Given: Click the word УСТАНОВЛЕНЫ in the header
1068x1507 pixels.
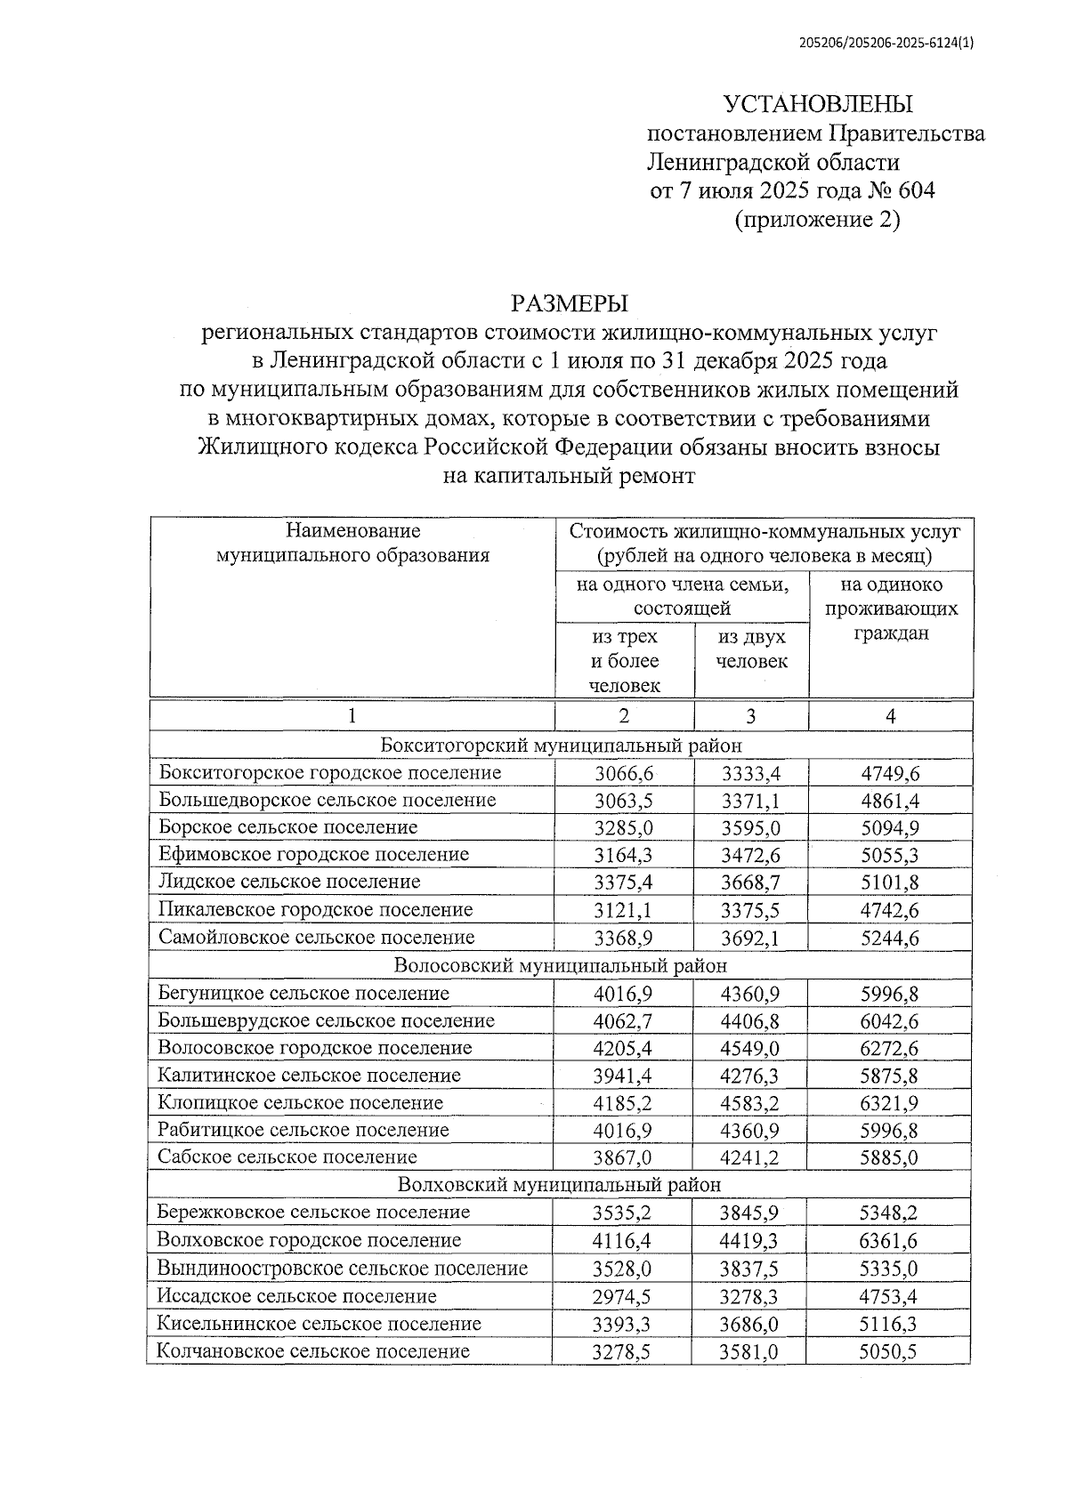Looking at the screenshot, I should [x=818, y=104].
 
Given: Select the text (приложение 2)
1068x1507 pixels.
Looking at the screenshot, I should [x=817, y=219].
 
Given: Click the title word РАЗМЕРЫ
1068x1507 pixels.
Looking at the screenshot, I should [x=569, y=304].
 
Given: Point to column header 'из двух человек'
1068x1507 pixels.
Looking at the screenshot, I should [x=751, y=649].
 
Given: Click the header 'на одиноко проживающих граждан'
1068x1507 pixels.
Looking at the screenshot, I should [x=891, y=608].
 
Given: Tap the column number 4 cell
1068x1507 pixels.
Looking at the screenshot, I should [x=891, y=716].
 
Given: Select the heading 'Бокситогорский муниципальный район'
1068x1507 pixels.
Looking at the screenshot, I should [x=561, y=745].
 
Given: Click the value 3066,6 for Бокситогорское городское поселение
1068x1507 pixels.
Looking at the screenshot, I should [x=623, y=772].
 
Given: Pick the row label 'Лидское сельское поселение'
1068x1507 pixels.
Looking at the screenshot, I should [x=289, y=882].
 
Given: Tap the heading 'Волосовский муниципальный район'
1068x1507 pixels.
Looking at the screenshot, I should [x=561, y=965].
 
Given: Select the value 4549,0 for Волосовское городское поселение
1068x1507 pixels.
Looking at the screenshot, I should [x=750, y=1048].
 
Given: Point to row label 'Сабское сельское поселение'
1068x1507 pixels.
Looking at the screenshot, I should [x=287, y=1157].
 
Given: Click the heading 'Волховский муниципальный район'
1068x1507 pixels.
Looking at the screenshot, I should [x=560, y=1185].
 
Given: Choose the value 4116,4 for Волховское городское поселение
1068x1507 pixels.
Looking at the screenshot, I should [x=622, y=1240].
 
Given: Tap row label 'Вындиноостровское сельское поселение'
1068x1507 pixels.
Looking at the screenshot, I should [x=343, y=1268].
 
